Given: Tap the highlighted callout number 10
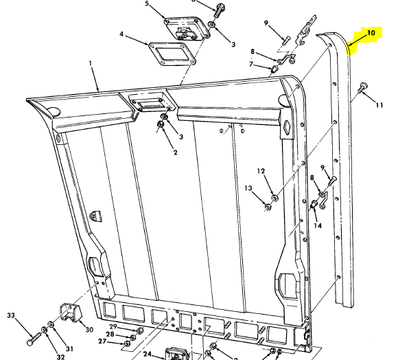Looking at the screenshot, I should coord(370,32).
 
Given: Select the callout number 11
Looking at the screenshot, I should coord(378,104).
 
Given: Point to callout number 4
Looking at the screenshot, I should coord(121,34).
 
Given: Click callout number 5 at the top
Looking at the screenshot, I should coord(146,4).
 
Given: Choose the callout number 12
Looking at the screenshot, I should coord(261,171).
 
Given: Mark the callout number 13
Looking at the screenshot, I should coord(248,188).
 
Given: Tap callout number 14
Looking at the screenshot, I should coord(317,225).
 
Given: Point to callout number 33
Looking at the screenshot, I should coord(10,315).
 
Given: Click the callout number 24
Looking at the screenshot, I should coord(147,355).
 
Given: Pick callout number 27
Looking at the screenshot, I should coord(102,341).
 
